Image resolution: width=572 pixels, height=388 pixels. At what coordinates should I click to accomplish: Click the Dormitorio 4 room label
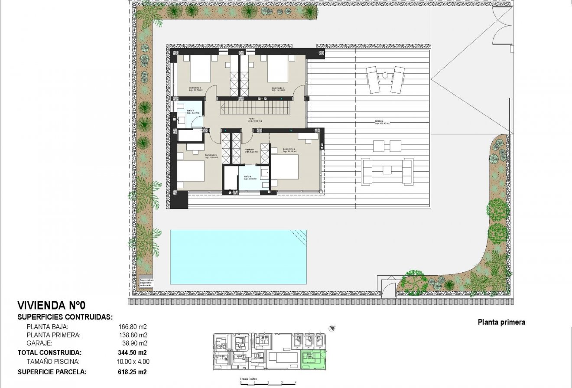click(195, 88)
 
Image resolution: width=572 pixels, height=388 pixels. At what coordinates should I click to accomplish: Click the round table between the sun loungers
click(385, 75)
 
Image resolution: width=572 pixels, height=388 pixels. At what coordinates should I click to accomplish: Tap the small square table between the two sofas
click(387, 170)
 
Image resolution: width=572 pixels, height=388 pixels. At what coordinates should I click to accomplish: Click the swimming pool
click(238, 257)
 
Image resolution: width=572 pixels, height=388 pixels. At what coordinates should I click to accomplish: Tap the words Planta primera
click(501, 322)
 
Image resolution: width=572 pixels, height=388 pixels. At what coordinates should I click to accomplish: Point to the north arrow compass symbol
click(332, 328)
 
